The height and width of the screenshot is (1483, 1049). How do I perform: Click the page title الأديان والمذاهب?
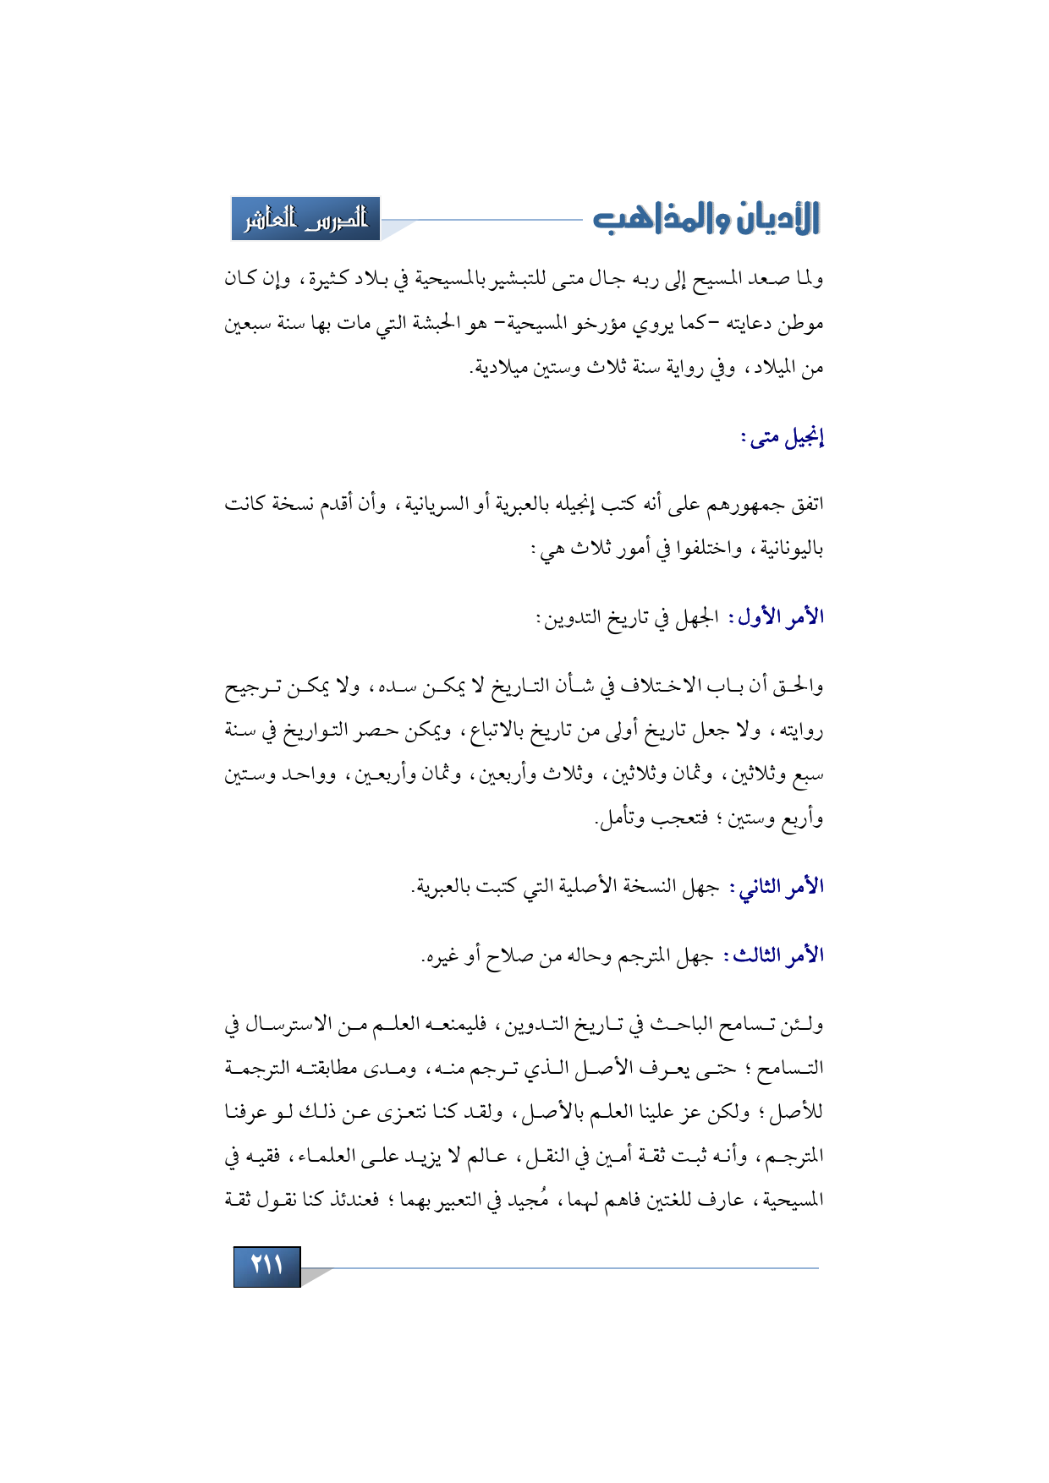[706, 218]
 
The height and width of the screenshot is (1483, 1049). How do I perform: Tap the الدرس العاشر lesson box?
[305, 219]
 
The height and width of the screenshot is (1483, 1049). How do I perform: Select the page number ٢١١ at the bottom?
[266, 1266]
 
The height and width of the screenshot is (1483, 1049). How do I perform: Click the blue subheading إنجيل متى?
[783, 438]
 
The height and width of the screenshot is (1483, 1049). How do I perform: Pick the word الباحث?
[675, 1026]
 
